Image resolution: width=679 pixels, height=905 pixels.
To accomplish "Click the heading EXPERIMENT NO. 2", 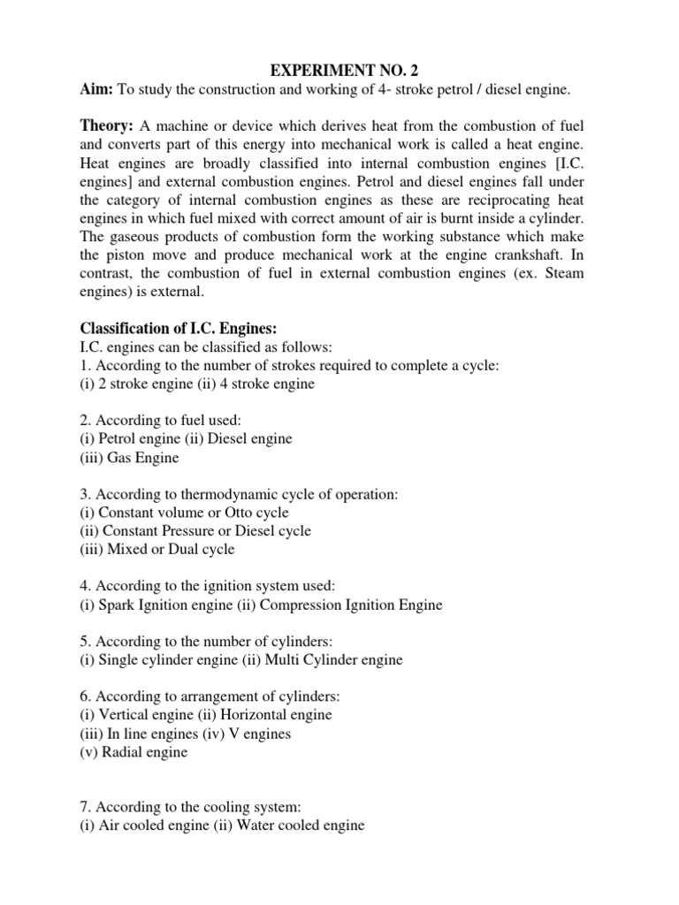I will point(339,65).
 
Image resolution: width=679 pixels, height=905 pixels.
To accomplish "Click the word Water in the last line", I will point(253,825).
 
